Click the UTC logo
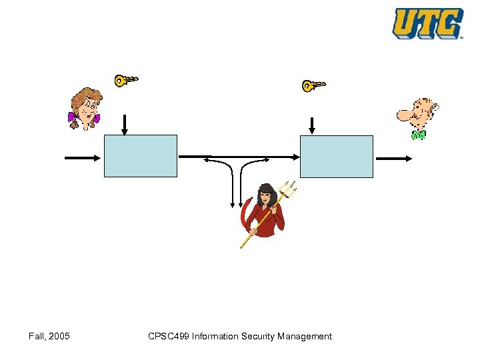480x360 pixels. point(427,23)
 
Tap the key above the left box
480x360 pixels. point(125,80)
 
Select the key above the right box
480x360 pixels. point(313,85)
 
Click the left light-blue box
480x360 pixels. point(141,156)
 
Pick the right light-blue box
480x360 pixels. point(337,157)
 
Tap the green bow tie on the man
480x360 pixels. point(418,135)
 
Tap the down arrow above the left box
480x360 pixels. point(124,125)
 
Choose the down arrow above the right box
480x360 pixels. point(312,125)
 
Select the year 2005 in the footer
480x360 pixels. point(59,337)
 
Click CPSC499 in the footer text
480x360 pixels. point(168,337)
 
